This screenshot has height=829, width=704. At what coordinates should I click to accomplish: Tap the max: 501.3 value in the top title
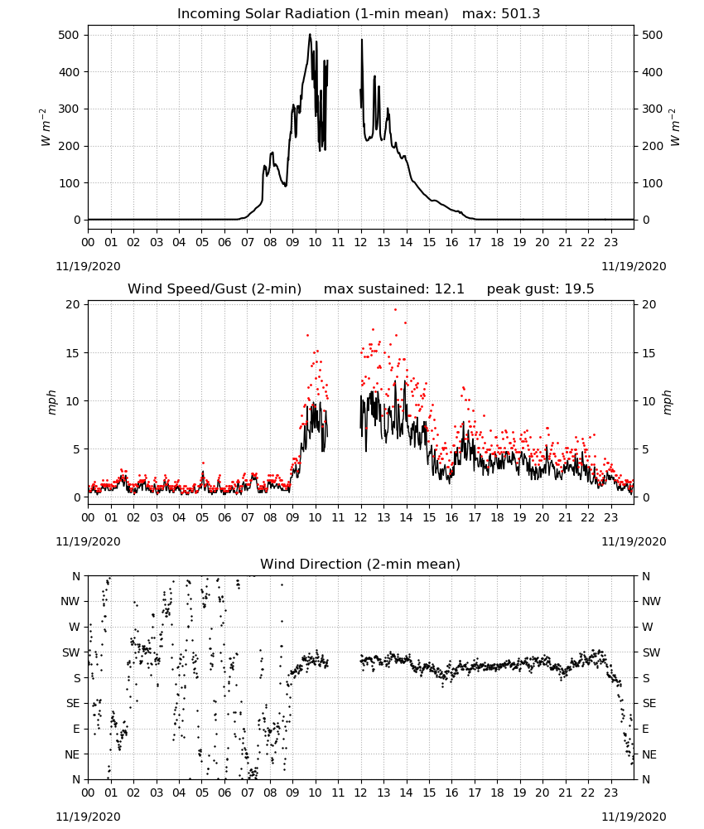pos(501,14)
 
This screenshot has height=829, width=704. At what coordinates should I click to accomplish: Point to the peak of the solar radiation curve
pos(310,34)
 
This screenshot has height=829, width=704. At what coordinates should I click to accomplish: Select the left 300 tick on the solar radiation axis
pos(70,109)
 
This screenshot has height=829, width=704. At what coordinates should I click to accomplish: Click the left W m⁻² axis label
pos(45,128)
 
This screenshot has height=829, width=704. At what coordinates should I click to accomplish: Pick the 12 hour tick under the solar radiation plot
pos(361,242)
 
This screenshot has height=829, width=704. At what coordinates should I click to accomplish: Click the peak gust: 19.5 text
pos(540,289)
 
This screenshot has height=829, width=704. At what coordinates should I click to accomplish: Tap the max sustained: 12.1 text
pos(394,289)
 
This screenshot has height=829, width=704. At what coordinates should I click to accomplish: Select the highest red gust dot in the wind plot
pos(395,310)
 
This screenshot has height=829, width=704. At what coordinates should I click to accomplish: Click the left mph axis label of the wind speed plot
pos(51,402)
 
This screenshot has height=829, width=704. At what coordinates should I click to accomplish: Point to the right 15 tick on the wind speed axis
pos(649,353)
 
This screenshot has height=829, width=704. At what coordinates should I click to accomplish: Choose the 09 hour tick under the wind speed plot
pos(292,517)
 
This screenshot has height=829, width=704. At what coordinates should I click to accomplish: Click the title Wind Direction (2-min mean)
pos(360,564)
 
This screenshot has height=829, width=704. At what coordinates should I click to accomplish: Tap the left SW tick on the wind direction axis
pos(71,652)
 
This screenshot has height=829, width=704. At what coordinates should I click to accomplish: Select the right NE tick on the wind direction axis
pos(649,754)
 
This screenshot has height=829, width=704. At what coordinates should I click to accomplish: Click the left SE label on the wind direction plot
pos(73,703)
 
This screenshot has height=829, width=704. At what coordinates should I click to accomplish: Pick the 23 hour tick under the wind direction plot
pos(611,793)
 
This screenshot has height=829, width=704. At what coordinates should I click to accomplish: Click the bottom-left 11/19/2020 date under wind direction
pos(88,817)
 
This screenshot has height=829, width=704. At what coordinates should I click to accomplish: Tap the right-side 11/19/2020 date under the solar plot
pos(634,266)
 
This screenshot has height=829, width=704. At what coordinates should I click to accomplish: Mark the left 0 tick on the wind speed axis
pos(77,497)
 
